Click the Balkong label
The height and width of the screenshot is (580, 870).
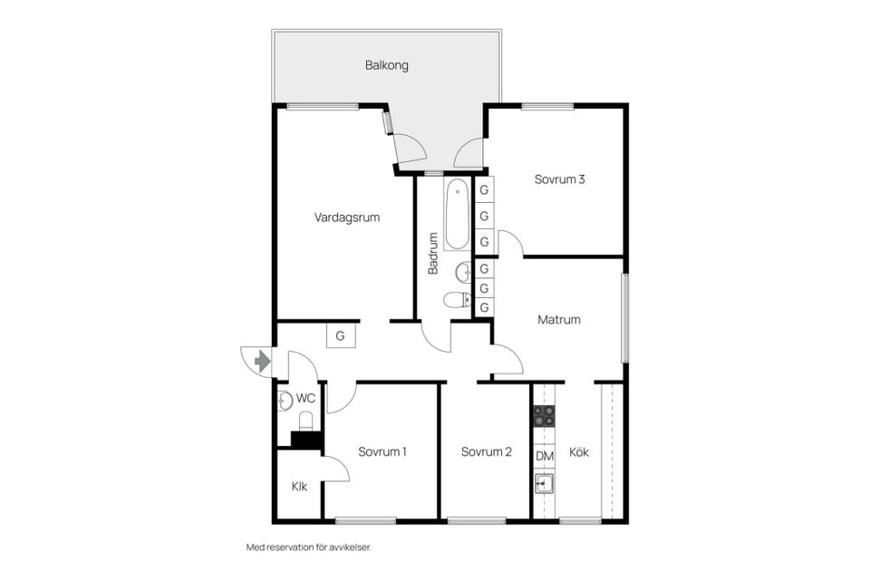click(387, 65)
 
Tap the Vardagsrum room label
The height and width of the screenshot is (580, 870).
click(347, 217)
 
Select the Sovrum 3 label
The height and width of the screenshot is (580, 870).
click(559, 179)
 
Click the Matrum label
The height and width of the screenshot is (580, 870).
click(559, 320)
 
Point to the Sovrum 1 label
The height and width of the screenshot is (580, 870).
click(382, 452)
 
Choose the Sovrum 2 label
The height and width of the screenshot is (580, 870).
click(486, 452)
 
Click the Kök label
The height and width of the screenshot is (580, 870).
click(579, 452)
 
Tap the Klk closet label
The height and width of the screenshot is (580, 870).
click(299, 487)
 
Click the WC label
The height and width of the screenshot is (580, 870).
click(305, 398)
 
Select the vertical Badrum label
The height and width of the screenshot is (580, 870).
click(433, 253)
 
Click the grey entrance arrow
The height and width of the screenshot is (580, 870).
click(262, 362)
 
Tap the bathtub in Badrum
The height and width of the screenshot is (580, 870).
click(457, 214)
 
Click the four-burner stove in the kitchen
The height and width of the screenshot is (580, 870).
click(544, 415)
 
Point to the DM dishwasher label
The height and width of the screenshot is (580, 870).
click(545, 456)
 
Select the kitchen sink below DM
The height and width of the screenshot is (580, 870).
click(545, 483)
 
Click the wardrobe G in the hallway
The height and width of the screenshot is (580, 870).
click(340, 336)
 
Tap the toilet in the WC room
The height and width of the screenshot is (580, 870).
click(305, 421)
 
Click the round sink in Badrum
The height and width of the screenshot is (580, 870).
click(463, 273)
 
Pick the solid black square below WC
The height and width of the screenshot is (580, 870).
click(306, 440)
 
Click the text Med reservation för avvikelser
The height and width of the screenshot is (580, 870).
click(308, 547)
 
